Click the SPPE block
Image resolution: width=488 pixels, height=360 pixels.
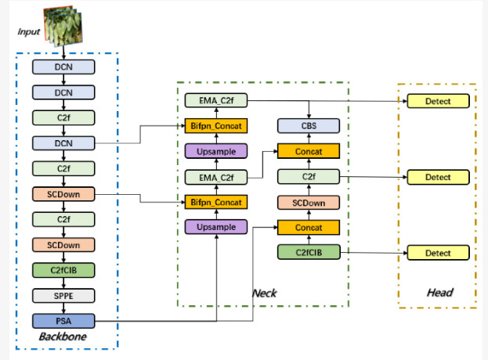pos(63,296)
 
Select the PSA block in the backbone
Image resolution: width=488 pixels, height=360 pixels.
pos(63,321)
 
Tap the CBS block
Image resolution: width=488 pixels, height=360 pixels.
pos(309,126)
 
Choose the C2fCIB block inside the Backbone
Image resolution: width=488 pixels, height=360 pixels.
pos(63,270)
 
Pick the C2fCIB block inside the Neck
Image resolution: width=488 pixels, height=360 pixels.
pos(309,252)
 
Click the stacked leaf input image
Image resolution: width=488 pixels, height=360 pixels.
pos(63,26)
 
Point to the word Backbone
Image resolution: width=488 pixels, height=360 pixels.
pos(63,337)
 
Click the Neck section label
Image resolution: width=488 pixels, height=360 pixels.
pos(264,293)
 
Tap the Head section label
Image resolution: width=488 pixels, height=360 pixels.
pos(439,292)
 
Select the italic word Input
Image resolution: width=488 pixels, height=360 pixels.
pos(29,31)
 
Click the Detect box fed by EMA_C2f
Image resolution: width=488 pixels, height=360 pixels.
pos(438,101)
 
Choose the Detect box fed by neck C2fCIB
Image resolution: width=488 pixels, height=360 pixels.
pos(438,253)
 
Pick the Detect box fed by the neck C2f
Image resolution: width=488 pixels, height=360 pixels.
pos(438,177)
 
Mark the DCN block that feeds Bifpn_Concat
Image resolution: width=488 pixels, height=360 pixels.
pos(63,143)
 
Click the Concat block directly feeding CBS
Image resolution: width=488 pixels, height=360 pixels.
pos(309,151)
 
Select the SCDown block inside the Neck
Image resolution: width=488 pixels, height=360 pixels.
pos(309,203)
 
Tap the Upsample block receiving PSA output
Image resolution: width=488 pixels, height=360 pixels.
pos(216,227)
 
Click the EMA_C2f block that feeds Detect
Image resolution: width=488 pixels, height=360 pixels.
pos(216,100)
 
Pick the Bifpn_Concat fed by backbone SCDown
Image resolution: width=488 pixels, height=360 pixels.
pos(216,202)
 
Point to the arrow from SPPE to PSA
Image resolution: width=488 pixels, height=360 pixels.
pos(63,308)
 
